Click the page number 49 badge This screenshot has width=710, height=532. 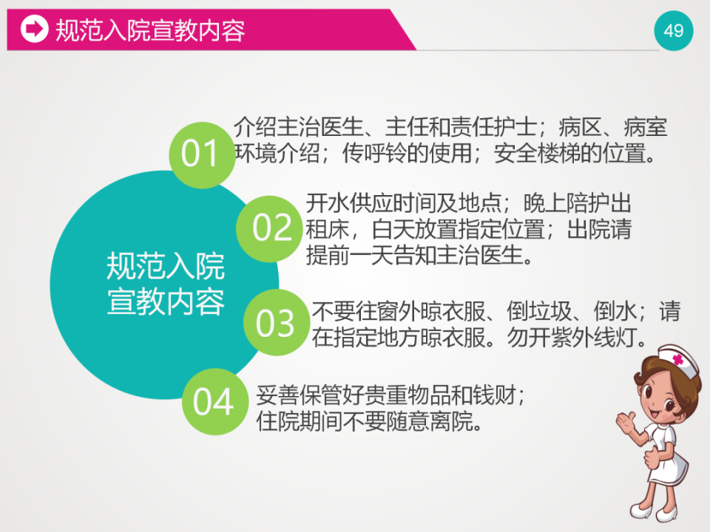click(674, 30)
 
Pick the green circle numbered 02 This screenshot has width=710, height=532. click(272, 227)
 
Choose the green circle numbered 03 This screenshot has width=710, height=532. click(276, 323)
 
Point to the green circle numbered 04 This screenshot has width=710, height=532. click(214, 402)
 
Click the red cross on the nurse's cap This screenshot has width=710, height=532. click(677, 359)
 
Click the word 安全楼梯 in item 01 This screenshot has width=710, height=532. click(535, 153)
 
